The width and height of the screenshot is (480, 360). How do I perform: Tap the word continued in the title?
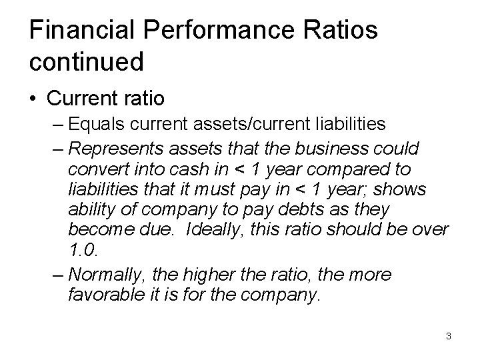pyautogui.click(x=86, y=62)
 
